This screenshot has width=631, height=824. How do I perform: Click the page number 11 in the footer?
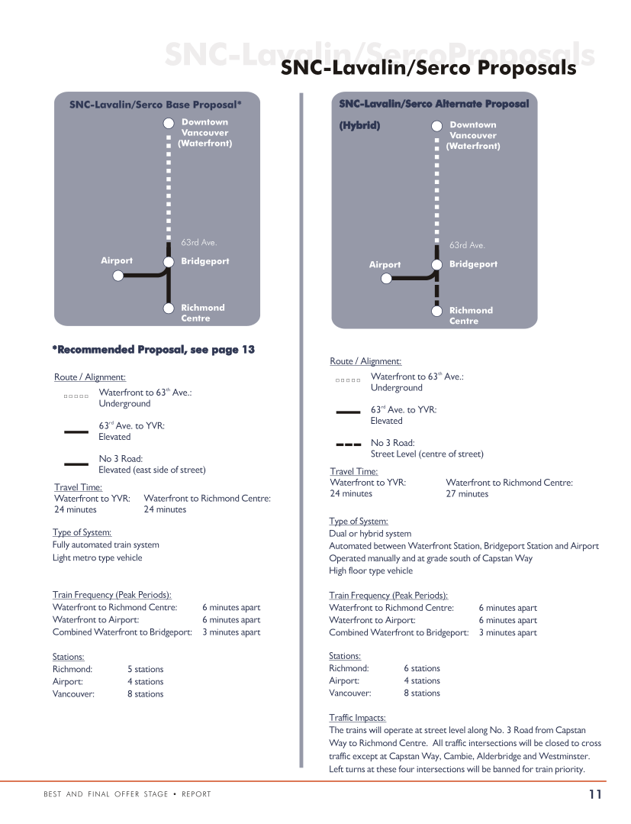[594, 794]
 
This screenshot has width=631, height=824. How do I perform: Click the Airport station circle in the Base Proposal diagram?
[118, 275]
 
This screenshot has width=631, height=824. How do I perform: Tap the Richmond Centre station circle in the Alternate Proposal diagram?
[436, 311]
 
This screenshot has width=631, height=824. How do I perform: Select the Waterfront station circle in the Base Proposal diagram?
[169, 124]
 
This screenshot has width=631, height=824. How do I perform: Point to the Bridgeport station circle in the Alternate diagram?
[436, 265]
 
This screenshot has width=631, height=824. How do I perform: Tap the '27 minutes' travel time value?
[467, 493]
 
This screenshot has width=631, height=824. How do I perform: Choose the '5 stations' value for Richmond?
[145, 669]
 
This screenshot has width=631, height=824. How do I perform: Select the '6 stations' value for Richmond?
[421, 668]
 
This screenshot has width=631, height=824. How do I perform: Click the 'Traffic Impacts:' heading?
[357, 718]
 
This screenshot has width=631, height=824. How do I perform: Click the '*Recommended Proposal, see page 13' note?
[153, 350]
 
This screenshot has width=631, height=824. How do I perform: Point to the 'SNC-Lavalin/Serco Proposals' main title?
[428, 68]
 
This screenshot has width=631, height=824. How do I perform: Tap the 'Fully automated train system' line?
[106, 544]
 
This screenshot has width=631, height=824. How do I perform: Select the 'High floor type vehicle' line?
[371, 570]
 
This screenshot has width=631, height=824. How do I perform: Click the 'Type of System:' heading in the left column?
[82, 532]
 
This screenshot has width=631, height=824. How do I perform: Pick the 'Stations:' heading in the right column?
[345, 656]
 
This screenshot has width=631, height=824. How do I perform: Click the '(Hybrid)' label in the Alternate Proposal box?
[359, 125]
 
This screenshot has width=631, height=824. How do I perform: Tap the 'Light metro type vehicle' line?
[97, 557]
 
